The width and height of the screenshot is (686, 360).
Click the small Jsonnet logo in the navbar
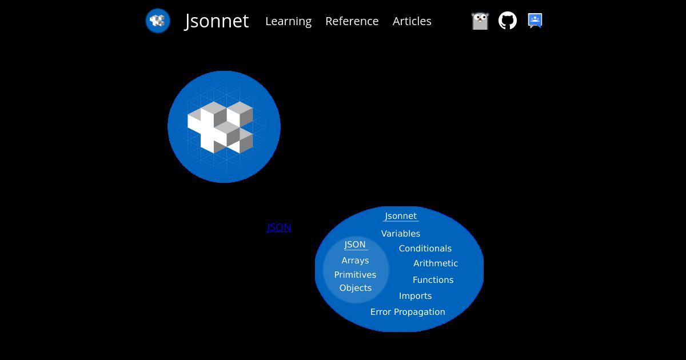(158, 21)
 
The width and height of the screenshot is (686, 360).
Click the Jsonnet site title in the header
(216, 21)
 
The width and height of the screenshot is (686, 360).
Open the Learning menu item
(289, 22)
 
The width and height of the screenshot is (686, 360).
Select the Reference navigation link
(352, 21)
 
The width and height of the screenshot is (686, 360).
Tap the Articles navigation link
(412, 21)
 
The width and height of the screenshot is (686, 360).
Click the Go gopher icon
(480, 21)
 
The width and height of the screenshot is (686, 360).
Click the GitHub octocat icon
(508, 21)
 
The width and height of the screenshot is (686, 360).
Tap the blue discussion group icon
(535, 21)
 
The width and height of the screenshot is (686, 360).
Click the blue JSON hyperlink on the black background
(279, 227)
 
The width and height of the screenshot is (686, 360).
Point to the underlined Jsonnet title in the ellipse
(401, 216)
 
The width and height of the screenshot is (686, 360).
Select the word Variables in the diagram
(401, 234)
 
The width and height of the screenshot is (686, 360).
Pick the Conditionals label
(425, 248)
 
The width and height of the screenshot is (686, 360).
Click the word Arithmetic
(436, 263)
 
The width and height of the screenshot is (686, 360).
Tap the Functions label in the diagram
(433, 280)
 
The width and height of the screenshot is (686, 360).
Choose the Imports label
(415, 296)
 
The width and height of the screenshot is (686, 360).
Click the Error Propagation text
(408, 312)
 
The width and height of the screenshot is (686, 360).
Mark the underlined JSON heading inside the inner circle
(355, 245)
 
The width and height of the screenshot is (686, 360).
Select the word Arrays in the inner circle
(355, 261)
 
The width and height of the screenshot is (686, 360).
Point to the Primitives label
(355, 275)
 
